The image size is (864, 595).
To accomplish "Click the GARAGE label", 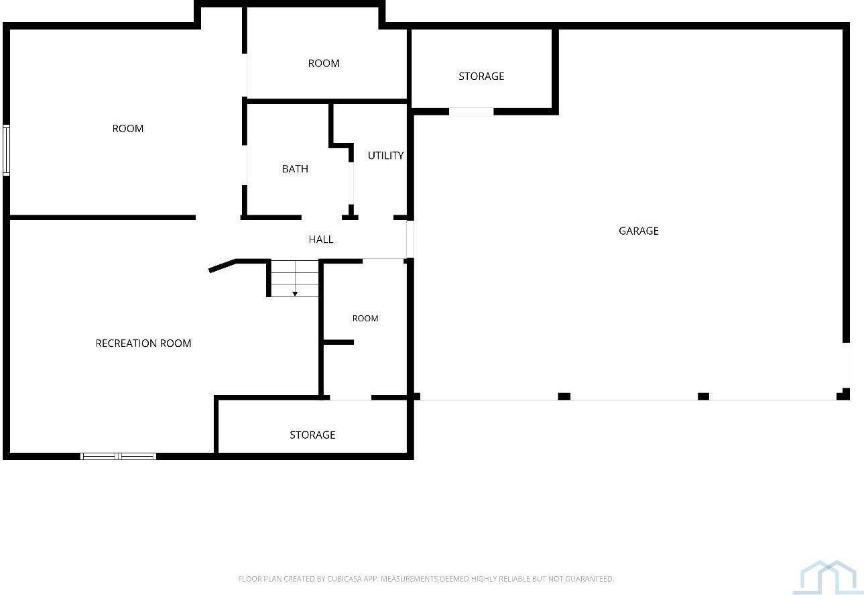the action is point(638,231).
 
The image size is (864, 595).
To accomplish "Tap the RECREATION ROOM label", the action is point(143,343).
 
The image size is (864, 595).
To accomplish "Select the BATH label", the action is point(295,169).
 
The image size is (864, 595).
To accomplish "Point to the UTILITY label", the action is point(385,156).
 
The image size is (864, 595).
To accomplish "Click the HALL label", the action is point(321,239).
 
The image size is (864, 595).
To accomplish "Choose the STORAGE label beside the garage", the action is point(481,76).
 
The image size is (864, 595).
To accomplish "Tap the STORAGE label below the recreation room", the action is point(312,435).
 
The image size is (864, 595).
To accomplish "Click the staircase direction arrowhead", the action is point(295,294).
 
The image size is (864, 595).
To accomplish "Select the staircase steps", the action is point(295,278).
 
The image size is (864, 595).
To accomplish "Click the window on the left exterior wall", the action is point(6,150).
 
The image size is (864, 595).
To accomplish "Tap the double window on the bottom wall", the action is point(119,456).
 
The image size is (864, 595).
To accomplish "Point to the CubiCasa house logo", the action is point(827,583).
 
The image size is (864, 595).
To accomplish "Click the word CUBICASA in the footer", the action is point(345,579).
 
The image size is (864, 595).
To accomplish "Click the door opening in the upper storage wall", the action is point(471,111).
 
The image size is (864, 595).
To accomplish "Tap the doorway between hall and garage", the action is point(410,239).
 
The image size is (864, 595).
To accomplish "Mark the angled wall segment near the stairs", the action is point(222,266).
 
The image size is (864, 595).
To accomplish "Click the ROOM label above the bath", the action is point(324,63).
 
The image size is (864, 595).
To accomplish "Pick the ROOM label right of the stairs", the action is point(365,319).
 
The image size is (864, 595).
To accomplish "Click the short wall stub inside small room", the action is point(338,342).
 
